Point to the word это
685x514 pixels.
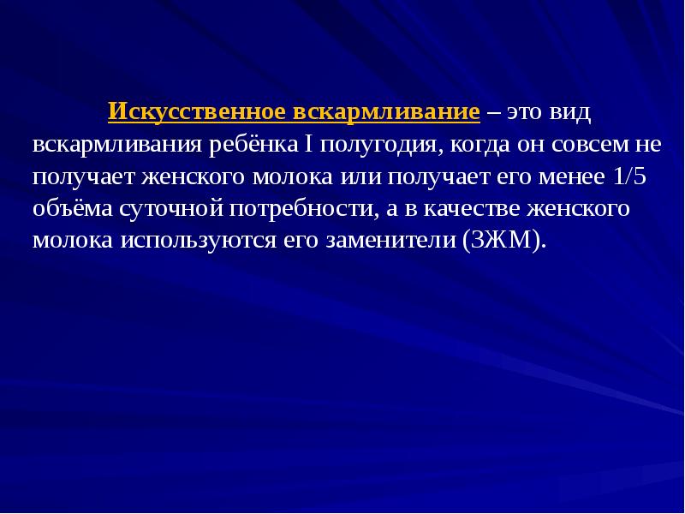tap(523, 113)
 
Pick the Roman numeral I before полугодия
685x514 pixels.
tap(307, 144)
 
